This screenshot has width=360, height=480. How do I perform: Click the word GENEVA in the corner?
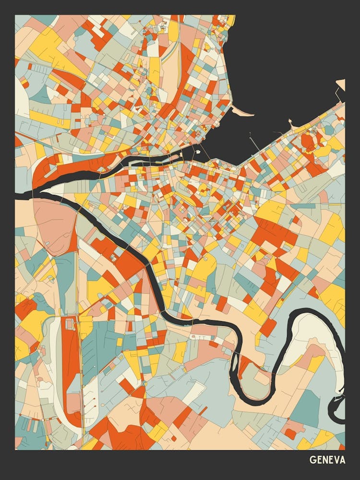(327, 460)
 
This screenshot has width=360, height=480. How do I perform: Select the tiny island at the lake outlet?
(197, 152)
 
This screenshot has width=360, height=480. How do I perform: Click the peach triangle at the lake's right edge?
(341, 84)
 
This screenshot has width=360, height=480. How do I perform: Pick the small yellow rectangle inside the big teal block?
(120, 342)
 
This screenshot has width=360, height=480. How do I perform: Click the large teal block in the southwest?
(103, 343)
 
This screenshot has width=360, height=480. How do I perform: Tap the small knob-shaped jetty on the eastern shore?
(290, 122)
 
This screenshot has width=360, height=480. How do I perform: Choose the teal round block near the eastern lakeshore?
(329, 130)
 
